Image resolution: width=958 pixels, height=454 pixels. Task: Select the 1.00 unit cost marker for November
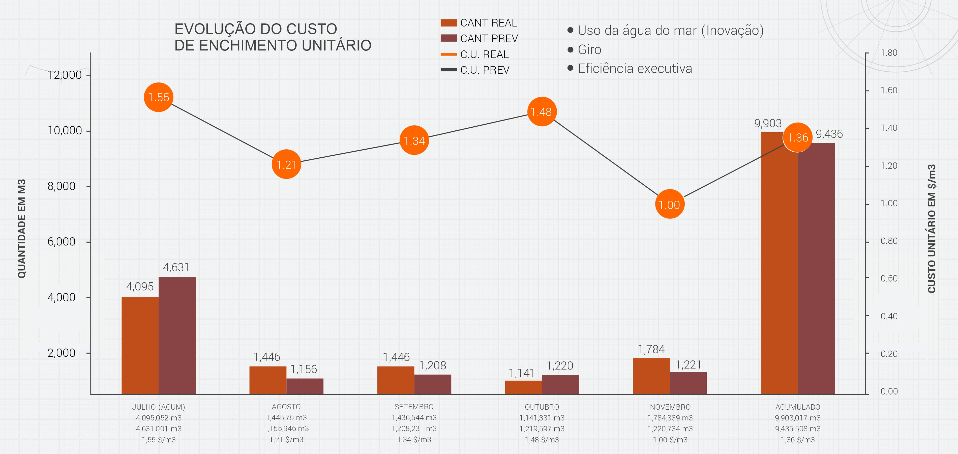(x=669, y=204)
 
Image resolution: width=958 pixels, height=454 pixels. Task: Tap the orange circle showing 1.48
(x=542, y=112)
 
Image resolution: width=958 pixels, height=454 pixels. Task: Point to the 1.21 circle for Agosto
(x=286, y=164)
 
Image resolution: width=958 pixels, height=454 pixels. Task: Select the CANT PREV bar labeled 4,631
(x=177, y=335)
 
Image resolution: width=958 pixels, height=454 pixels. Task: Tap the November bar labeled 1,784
(x=651, y=376)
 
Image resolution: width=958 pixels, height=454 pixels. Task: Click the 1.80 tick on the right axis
(x=889, y=53)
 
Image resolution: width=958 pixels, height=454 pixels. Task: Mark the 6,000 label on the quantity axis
(x=61, y=242)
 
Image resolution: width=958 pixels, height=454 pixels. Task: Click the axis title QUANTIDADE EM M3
(x=22, y=229)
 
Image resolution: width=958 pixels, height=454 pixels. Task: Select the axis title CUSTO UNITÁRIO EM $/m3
(x=932, y=229)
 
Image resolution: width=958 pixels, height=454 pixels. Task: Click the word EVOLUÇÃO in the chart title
(x=215, y=29)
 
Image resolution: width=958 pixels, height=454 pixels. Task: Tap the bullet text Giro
(x=589, y=49)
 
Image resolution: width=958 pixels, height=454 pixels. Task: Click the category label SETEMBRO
(x=414, y=407)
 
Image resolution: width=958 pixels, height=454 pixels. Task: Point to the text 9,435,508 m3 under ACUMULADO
(x=798, y=429)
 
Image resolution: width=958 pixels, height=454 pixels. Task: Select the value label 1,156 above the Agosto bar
(x=304, y=369)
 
